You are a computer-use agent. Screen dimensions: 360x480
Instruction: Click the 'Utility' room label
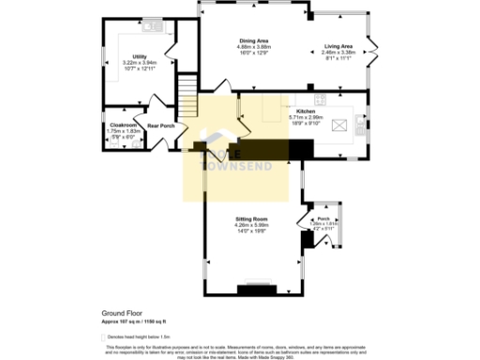(x=139, y=56)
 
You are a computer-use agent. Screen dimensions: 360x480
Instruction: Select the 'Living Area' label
(x=338, y=46)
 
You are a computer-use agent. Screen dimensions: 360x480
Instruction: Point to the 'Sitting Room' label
(x=251, y=219)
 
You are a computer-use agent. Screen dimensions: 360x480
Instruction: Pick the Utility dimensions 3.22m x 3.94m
(x=139, y=63)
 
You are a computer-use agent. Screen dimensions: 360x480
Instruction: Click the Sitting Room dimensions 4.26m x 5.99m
(x=251, y=225)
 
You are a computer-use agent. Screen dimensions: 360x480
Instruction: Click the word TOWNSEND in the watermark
(x=232, y=166)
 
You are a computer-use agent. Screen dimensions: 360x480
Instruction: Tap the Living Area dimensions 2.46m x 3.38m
(x=338, y=52)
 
